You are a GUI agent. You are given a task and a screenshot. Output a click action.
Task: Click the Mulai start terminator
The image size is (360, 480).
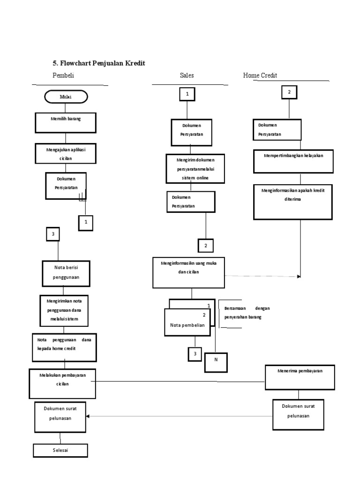coord(66,97)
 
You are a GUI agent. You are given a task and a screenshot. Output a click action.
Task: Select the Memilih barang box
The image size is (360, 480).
coord(66,122)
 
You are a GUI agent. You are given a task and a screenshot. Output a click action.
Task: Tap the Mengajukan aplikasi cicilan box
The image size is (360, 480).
coord(66,152)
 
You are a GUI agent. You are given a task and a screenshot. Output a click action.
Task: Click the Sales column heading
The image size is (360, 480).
coord(187,75)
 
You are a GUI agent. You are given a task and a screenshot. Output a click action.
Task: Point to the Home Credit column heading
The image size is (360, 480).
coord(260,75)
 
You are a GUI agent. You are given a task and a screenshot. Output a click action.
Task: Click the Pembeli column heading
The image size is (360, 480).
coord(63,75)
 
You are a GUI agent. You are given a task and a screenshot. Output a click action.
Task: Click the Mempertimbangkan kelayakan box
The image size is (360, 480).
coord(293,161)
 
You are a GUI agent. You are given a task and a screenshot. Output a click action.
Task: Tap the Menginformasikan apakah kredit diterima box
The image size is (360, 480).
coord(293,202)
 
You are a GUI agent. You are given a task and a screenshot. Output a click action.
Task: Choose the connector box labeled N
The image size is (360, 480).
coord(216,362)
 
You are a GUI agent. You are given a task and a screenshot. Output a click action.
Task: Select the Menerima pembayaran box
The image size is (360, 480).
coord(300,377)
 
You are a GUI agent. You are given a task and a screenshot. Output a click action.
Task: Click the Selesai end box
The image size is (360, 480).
coord(60,450)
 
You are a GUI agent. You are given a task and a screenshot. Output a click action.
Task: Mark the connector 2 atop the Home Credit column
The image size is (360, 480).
coord(289,92)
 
